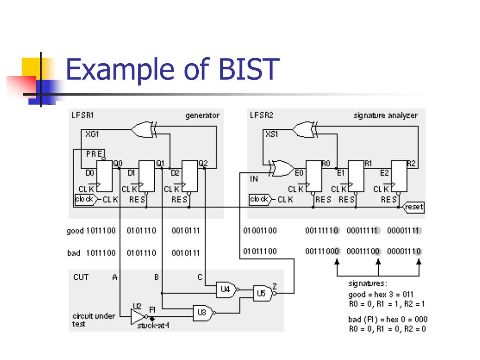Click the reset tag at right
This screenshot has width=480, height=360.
[x=414, y=207]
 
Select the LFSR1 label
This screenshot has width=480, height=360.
[x=83, y=115]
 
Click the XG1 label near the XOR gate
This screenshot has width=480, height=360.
[x=92, y=134]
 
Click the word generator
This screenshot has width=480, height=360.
[x=202, y=115]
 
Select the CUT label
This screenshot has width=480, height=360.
[x=81, y=277]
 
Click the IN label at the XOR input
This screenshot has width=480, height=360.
[x=254, y=179]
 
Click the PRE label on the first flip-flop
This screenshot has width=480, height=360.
[x=94, y=153]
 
